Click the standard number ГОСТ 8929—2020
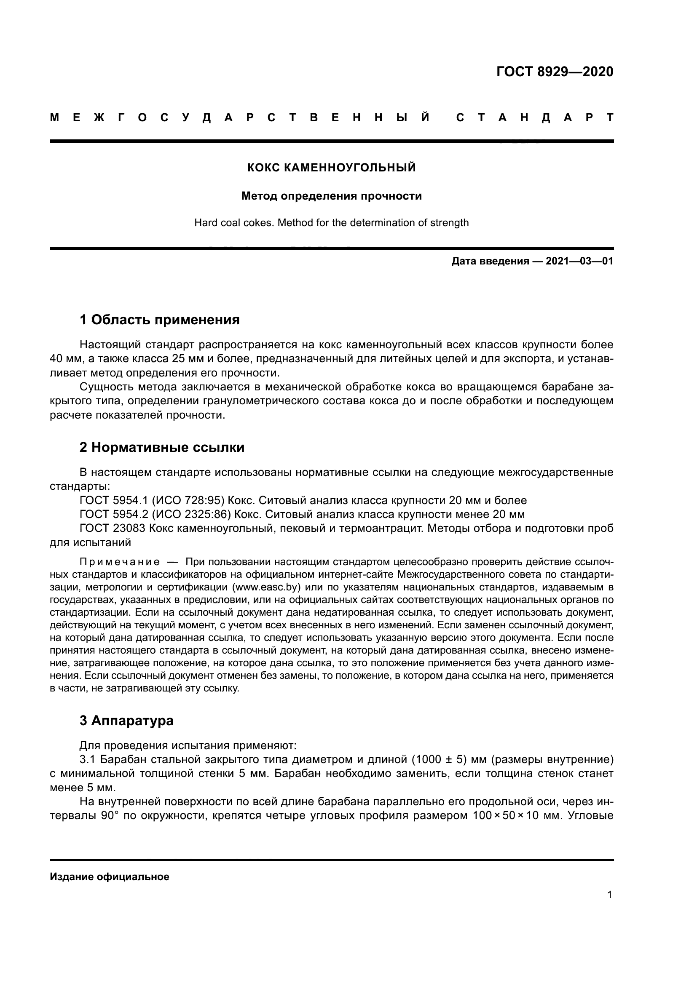[x=555, y=72]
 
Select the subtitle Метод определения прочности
[x=331, y=196]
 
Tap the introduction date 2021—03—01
[x=579, y=261]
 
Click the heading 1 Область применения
[x=159, y=320]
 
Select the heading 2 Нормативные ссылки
[x=162, y=448]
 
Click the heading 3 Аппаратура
[x=126, y=721]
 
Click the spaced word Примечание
[x=120, y=562]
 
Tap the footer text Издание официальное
[x=110, y=877]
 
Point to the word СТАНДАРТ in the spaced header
[x=534, y=117]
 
